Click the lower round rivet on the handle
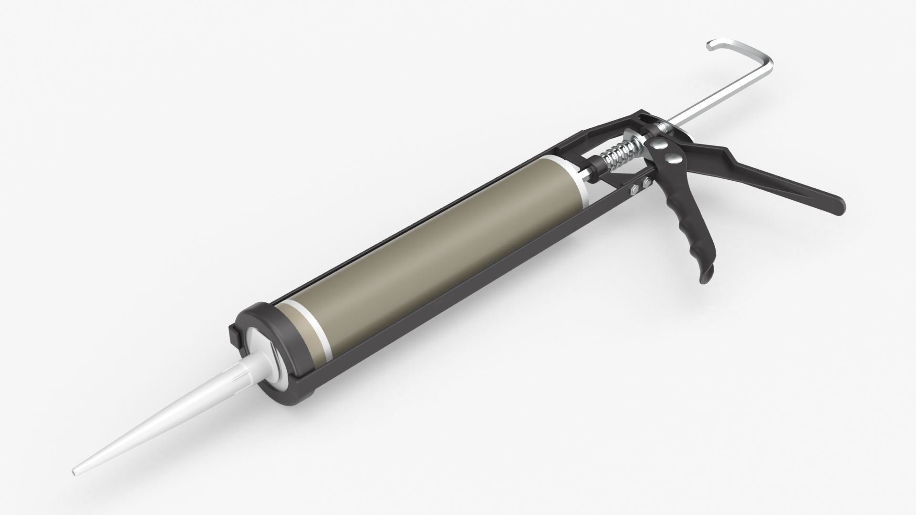click(x=671, y=158)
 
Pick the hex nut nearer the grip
click(x=647, y=182)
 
